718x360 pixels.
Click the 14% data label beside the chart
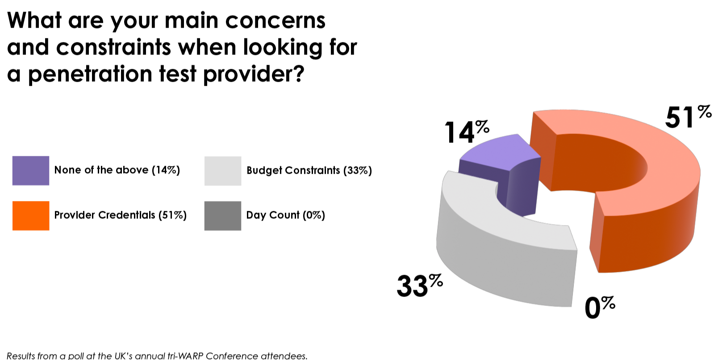[466, 132]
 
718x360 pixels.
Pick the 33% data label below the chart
[419, 285]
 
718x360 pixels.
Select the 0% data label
[599, 307]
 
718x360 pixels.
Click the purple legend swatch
[31, 170]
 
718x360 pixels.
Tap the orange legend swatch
[31, 215]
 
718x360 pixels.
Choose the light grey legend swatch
[223, 171]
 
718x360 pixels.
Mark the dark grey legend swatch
[223, 215]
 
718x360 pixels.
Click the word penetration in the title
[90, 74]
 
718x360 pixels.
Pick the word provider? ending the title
[254, 74]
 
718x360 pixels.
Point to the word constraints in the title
[113, 47]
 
